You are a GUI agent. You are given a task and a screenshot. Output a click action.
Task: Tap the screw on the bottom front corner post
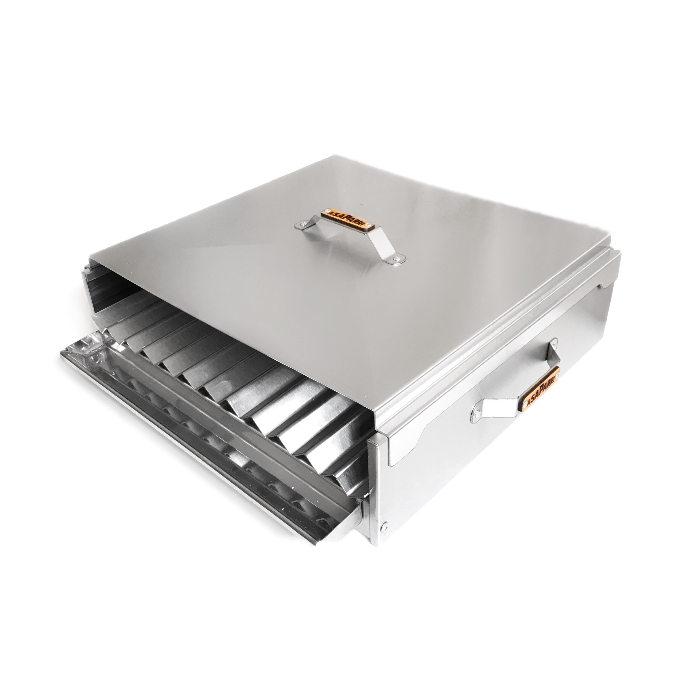[386, 525]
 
